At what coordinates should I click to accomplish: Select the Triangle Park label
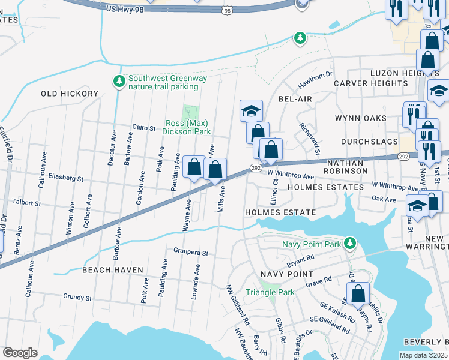(x=270, y=292)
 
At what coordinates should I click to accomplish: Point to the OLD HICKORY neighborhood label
(x=69, y=94)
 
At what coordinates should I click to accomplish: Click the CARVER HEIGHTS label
(x=371, y=83)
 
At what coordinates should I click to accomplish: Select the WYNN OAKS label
(x=360, y=118)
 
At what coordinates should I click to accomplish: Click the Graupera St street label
(x=190, y=253)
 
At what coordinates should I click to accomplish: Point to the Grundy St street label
(x=77, y=297)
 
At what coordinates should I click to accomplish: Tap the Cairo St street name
(x=144, y=127)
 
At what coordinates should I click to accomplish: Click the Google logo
(x=20, y=353)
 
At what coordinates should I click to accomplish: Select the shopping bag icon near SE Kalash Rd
(x=358, y=293)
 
